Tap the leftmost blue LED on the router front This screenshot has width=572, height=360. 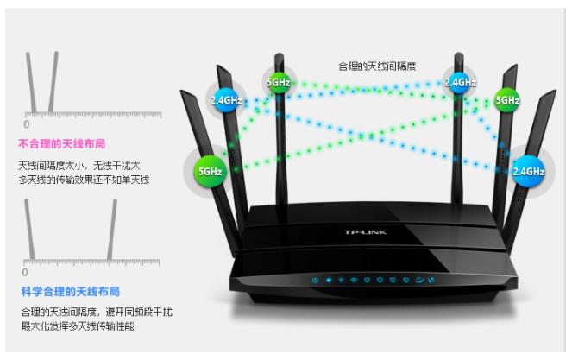[x=316, y=281]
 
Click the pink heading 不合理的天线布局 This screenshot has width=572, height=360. [x=67, y=143]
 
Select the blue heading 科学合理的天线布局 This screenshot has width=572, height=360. [x=71, y=292]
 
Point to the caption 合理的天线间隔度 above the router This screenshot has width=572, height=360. [x=376, y=66]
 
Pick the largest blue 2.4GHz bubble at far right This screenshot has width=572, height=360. [x=527, y=171]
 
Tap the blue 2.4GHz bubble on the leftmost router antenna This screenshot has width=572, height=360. [x=225, y=99]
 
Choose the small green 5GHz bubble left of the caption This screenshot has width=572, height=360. [x=278, y=83]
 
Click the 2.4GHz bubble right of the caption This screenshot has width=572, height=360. [x=459, y=83]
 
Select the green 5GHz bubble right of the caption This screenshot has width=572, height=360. [x=506, y=100]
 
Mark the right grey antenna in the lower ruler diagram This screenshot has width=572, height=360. [x=111, y=230]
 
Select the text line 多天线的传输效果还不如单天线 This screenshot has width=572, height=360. [x=84, y=180]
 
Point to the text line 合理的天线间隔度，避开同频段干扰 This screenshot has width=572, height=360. [x=96, y=311]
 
